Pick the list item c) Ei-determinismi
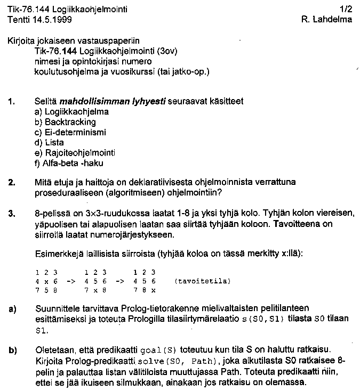coord(69,132)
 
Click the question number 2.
coord(12,183)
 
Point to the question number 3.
coord(12,213)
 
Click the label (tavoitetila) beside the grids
coord(202,281)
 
